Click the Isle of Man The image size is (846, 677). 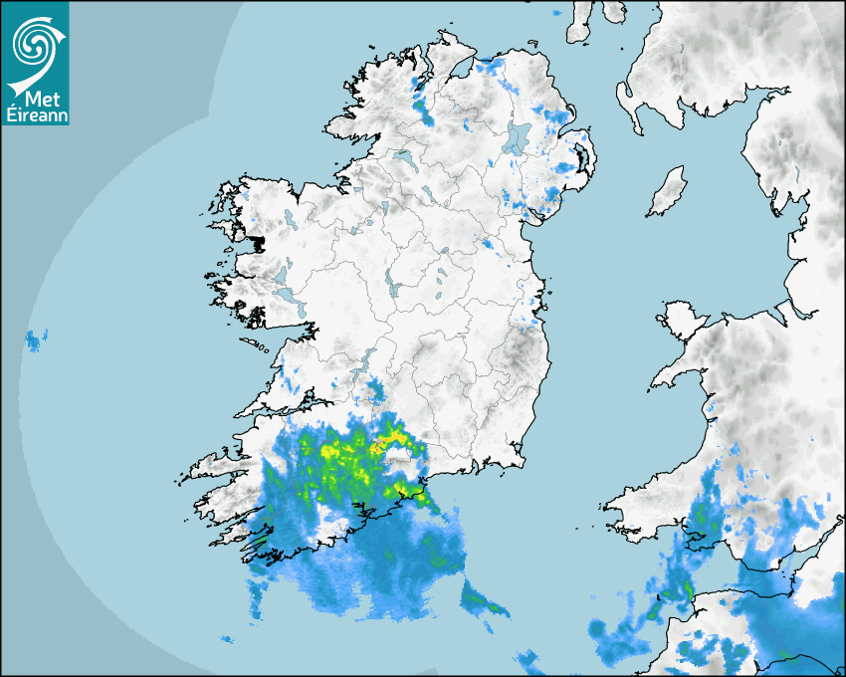click(667, 192)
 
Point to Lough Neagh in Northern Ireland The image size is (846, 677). click(517, 136)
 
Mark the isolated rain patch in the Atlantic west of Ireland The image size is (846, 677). click(36, 340)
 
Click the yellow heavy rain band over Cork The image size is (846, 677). click(343, 458)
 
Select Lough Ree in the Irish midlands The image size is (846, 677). click(396, 289)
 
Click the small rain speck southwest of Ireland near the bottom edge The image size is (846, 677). click(227, 639)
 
